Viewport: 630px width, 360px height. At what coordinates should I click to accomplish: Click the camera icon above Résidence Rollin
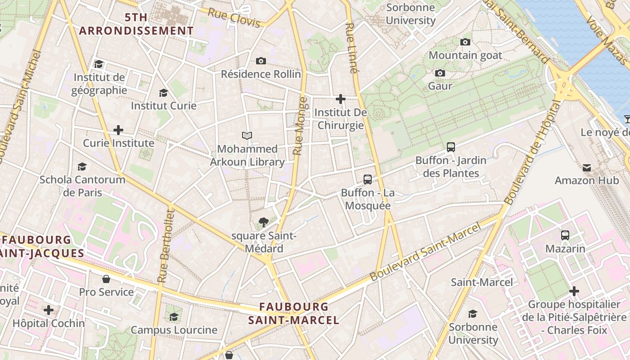point(261,61)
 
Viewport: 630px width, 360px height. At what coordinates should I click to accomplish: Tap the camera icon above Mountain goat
point(465,42)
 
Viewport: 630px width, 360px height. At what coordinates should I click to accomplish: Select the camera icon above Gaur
point(440,73)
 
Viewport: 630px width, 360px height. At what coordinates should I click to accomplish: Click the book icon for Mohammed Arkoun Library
point(247,135)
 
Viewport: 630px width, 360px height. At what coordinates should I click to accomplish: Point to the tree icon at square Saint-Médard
point(264,222)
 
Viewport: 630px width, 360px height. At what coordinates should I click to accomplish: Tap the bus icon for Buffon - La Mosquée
point(368,180)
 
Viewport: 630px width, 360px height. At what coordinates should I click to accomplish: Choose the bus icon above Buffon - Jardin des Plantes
point(451,147)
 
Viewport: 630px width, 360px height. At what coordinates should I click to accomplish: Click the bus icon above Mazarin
point(565,235)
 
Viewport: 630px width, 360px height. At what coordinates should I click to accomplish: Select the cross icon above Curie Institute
point(118,130)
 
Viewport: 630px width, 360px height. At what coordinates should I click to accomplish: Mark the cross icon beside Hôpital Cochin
point(49,310)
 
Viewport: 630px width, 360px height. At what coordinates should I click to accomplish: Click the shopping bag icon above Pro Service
point(106,279)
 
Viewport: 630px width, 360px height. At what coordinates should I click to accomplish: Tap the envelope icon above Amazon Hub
point(587,168)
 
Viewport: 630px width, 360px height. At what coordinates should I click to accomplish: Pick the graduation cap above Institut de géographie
point(99,64)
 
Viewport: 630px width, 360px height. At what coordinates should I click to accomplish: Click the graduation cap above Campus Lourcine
point(174,317)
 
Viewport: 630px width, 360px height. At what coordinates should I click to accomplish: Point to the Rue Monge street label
point(300,126)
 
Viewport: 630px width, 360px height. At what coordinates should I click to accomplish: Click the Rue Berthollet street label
point(165,245)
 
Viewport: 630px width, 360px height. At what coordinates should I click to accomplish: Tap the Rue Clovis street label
point(234,18)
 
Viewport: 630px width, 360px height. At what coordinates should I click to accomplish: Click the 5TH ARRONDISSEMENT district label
point(136,24)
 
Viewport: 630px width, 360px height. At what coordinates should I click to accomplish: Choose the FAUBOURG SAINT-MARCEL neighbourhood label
point(294,314)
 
